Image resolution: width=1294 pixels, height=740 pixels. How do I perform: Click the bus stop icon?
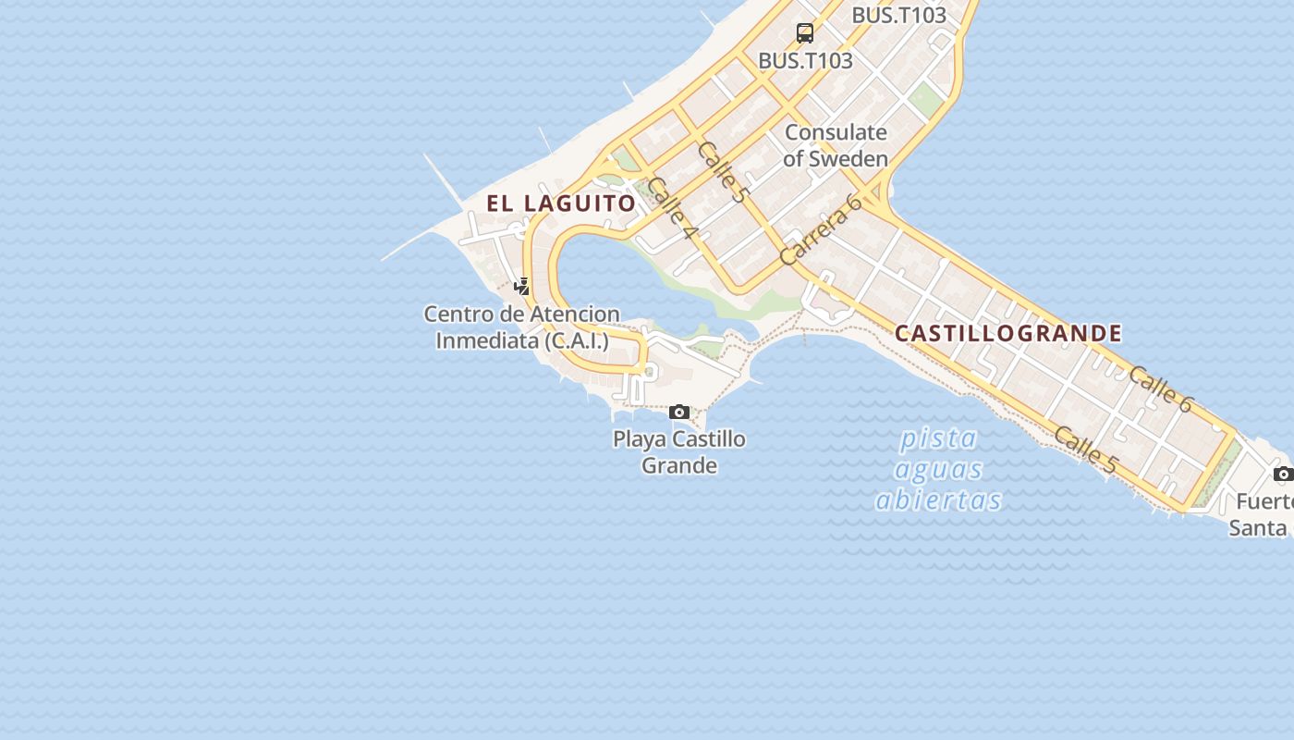tap(805, 33)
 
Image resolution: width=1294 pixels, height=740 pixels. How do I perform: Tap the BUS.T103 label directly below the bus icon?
tap(805, 60)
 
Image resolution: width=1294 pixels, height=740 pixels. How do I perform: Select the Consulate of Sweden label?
tap(836, 145)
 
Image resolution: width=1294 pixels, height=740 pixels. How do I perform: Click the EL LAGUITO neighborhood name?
tap(562, 203)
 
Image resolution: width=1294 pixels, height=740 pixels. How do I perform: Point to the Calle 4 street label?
tap(671, 208)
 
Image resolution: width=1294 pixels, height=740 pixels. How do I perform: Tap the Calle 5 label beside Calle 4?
tap(722, 172)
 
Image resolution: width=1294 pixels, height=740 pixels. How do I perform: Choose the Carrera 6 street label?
tap(821, 230)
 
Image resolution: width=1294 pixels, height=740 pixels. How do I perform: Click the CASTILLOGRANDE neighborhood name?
tap(1008, 333)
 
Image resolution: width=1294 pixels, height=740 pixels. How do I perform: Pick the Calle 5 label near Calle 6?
tap(1085, 450)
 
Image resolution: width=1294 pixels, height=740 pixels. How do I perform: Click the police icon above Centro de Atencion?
tap(522, 286)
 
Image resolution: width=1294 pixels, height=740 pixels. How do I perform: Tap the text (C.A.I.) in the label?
tap(577, 340)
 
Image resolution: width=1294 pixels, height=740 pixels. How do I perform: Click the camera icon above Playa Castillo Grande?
tap(679, 412)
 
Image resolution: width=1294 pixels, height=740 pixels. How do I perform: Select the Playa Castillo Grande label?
tap(679, 451)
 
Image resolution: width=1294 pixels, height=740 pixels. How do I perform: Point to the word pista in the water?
tap(938, 438)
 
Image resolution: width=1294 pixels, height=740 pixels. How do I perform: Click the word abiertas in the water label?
tap(938, 500)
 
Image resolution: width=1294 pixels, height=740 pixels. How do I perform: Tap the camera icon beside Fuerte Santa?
tap(1283, 475)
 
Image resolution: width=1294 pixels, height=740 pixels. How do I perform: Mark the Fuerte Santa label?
tap(1262, 515)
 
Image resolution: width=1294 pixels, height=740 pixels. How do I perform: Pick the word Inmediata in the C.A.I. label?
tap(487, 340)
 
